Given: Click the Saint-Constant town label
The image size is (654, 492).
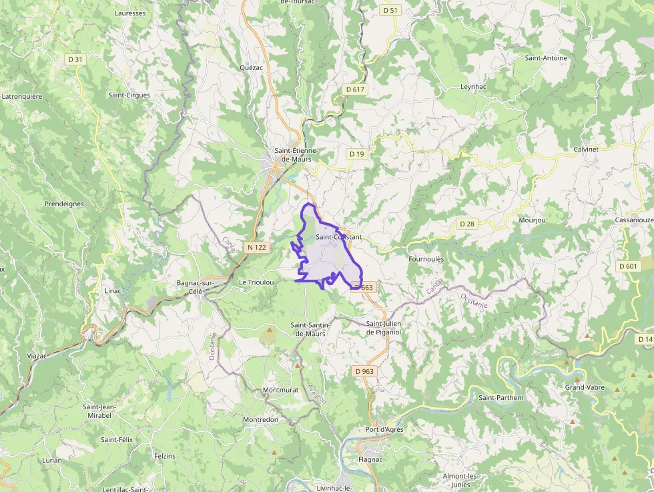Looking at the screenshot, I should pos(338,237).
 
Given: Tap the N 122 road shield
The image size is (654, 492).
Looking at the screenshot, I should pos(257,247).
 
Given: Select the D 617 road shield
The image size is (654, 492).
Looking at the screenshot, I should pos(356,89).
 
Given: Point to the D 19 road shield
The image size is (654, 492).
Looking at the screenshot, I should pos(357,154).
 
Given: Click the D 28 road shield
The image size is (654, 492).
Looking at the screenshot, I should pos(467,224).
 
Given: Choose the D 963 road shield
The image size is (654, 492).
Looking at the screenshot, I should pos(364,371).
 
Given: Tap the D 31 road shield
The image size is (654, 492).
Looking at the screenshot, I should pos(75,59).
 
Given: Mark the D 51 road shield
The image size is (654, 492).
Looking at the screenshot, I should pos(390,10).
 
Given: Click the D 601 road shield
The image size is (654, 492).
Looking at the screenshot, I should pos(628,266).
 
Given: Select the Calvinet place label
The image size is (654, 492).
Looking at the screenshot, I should pos(586,150).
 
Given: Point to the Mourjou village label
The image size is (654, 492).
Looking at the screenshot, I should pos(532,220).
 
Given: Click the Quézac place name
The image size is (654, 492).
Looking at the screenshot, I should pos(251,67).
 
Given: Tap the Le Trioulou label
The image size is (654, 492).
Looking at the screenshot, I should pos(256,282).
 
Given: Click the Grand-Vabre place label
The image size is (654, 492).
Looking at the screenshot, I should pos(585,387).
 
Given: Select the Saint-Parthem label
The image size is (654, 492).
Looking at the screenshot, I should pos(501,398).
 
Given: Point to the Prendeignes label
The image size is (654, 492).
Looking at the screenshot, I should pos(64,204).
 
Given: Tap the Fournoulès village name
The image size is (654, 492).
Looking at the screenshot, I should pos(426,259).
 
